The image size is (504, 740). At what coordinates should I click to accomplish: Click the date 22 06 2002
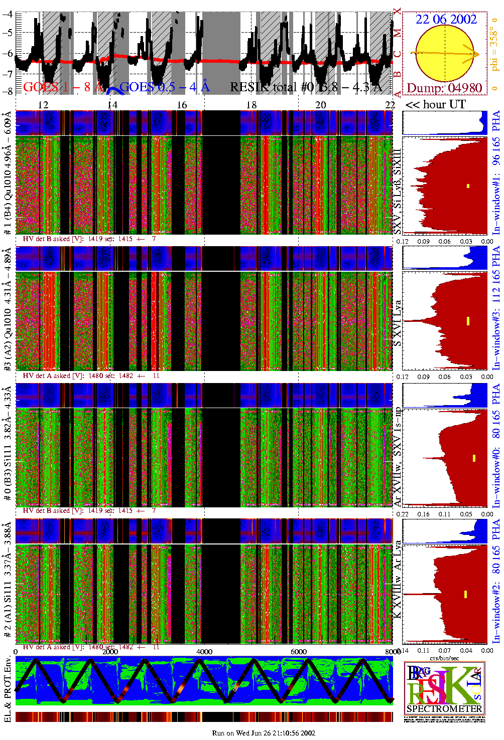[446, 19]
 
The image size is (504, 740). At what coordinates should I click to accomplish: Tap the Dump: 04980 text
[444, 88]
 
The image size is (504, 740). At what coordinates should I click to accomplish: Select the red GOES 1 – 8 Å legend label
[63, 87]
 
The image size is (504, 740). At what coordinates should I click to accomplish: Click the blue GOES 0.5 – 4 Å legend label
[164, 87]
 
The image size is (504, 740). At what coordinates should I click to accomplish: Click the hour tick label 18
[251, 104]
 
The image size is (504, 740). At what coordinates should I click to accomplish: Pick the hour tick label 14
[112, 104]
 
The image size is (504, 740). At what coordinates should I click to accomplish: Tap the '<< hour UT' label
[435, 104]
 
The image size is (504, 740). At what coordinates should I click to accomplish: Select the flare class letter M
[398, 34]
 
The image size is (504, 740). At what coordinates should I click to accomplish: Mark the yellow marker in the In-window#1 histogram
[468, 186]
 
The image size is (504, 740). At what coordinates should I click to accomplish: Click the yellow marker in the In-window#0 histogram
[474, 458]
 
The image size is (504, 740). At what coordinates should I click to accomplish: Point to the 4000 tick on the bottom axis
[204, 651]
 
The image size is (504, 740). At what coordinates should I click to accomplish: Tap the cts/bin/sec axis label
[444, 658]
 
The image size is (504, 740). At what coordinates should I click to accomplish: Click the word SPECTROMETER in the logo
[444, 708]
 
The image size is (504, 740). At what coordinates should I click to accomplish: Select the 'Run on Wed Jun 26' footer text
[264, 733]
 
